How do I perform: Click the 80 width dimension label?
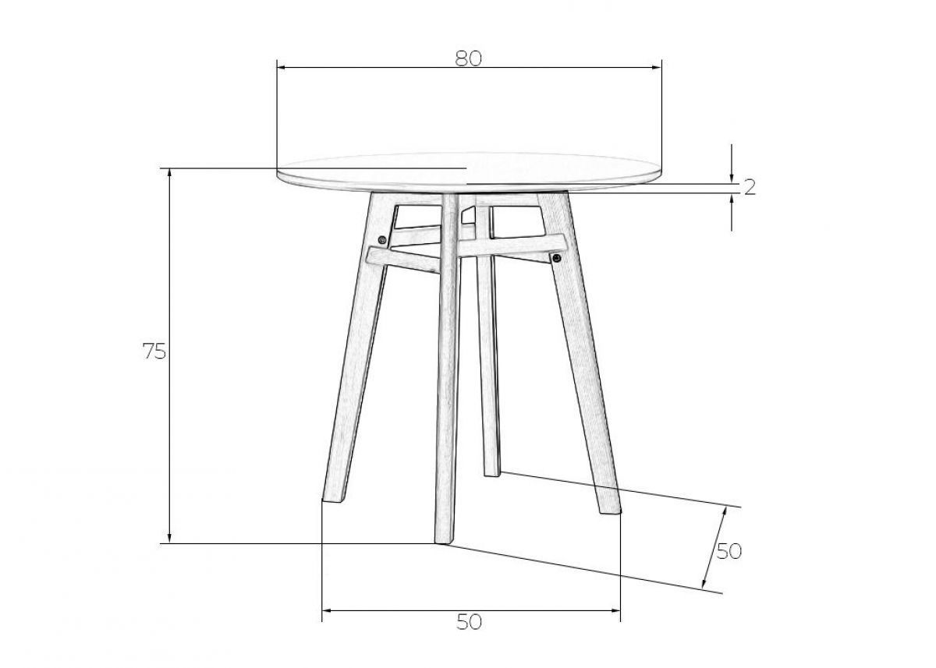(x=469, y=59)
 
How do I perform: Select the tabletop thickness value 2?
(x=750, y=188)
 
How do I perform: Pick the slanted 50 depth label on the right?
(x=729, y=552)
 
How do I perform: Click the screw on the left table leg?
(x=382, y=239)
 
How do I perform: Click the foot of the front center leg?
(x=443, y=541)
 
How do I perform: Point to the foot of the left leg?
(x=334, y=497)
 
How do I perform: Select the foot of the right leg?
(x=610, y=508)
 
